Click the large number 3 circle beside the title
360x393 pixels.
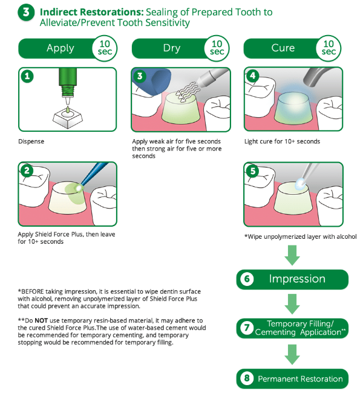coord(26,12)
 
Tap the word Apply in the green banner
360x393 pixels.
coord(61,48)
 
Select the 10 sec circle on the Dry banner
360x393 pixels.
coord(217,48)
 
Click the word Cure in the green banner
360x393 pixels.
coord(283,48)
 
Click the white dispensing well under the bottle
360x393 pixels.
coord(68,119)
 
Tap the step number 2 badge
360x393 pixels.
coord(27,171)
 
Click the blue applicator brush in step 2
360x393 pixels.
coord(93,175)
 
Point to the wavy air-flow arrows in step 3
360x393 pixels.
coord(187,93)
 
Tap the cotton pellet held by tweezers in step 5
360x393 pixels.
coord(300,183)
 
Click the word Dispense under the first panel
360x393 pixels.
coord(31,141)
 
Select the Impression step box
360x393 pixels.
coord(292,279)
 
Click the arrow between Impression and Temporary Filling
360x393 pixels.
coord(292,304)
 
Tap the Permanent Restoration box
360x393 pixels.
coord(292,378)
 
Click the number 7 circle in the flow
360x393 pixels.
coord(247,328)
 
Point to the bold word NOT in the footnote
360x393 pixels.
coord(41,320)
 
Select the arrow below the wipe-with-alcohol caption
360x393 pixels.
coord(292,255)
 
